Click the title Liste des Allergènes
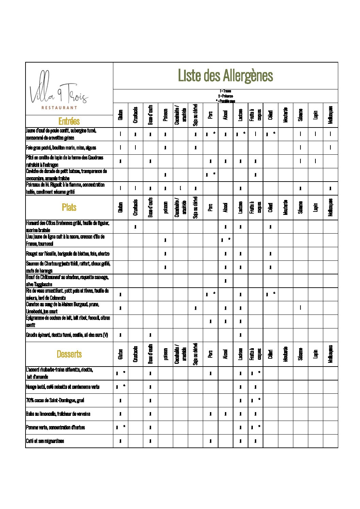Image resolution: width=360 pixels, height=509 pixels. [x=225, y=75]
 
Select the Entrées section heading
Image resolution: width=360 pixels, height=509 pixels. [x=69, y=121]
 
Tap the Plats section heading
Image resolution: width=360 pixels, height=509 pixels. [x=69, y=207]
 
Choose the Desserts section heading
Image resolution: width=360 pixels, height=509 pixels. [x=69, y=354]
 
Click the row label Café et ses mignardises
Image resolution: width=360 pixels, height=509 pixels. [x=45, y=441]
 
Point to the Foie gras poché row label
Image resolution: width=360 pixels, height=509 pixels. [x=61, y=148]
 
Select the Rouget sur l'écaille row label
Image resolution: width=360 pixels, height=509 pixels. [x=68, y=254]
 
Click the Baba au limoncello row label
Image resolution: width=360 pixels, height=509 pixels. [x=58, y=414]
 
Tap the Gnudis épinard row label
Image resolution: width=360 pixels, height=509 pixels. [x=67, y=335]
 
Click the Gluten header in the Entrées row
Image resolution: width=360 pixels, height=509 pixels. [x=120, y=115]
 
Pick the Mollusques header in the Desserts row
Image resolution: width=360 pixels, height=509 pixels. [x=330, y=354]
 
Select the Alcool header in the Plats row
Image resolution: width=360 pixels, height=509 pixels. [x=225, y=207]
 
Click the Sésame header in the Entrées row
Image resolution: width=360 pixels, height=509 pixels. [x=300, y=115]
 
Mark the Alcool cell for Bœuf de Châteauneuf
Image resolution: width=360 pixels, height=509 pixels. [x=225, y=281]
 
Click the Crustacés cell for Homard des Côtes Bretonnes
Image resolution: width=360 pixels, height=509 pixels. [x=135, y=226]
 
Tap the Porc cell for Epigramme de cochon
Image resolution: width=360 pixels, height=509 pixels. [x=210, y=321]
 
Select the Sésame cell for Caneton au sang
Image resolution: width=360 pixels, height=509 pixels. [x=300, y=308]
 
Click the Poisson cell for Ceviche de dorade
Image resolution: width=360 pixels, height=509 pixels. [x=165, y=175]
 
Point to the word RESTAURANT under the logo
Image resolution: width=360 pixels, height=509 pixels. [x=59, y=108]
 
